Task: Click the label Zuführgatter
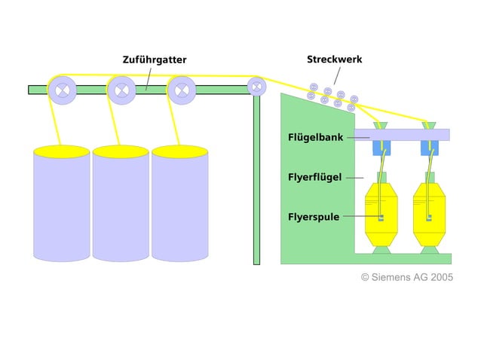155,59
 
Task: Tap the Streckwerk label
334,59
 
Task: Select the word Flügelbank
316,138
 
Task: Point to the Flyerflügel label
315,178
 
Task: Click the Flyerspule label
314,217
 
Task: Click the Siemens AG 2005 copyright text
407,277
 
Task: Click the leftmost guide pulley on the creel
62,90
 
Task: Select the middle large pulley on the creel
121,90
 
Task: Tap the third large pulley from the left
181,90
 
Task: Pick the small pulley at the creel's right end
256,87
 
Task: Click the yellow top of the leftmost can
61,151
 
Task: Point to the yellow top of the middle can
121,151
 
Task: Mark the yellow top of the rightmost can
179,151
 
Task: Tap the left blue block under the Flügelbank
382,148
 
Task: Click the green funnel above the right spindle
430,124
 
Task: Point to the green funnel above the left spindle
382,124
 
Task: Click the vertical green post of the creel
256,181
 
